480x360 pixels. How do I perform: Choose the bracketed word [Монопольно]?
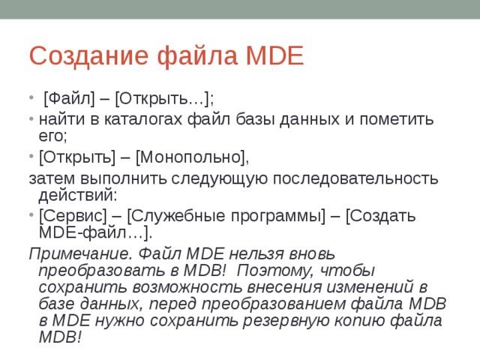pos(190,157)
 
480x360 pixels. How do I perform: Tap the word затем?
pos(49,178)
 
